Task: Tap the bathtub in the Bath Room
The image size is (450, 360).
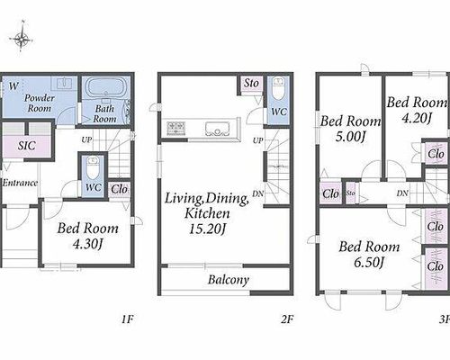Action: coord(105,87)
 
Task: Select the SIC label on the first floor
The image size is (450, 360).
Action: coord(27,146)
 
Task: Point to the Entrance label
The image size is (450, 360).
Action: coord(20,183)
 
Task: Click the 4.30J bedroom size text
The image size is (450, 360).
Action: coord(87,245)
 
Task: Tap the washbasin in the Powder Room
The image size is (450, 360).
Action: coord(65,83)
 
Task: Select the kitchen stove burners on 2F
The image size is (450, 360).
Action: coord(176,128)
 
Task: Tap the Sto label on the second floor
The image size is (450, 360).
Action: coord(251,84)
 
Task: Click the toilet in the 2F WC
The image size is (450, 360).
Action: coord(279,89)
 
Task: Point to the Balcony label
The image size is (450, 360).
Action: coord(229,280)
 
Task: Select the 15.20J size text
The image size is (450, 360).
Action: coord(206,229)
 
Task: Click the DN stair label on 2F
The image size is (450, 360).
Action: coord(257,193)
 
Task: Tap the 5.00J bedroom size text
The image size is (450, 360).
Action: coord(350,138)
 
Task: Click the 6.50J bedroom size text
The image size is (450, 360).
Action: coord(369,263)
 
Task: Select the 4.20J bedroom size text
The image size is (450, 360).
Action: coord(417,119)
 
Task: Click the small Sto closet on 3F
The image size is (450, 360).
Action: coord(351,193)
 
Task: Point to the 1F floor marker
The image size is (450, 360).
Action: coord(127,319)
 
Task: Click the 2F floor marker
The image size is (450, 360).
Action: coord(287,319)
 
